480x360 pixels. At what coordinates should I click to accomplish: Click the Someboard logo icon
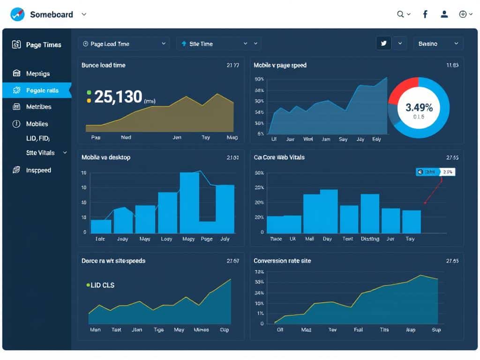pyautogui.click(x=17, y=15)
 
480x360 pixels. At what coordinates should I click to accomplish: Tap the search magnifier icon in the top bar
pyautogui.click(x=401, y=15)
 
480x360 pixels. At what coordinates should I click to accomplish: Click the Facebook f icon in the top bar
pyautogui.click(x=425, y=15)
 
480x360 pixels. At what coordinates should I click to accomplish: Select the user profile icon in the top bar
pyautogui.click(x=444, y=15)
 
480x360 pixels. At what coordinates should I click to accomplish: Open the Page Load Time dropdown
pyautogui.click(x=124, y=44)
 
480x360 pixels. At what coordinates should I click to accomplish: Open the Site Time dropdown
pyautogui.click(x=218, y=44)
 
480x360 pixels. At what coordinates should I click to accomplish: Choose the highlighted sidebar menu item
pyautogui.click(x=37, y=90)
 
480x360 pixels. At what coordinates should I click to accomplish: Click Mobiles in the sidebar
pyautogui.click(x=37, y=124)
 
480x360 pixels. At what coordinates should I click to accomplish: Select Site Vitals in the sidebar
pyautogui.click(x=40, y=153)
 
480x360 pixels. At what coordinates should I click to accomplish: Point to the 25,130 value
pyautogui.click(x=118, y=97)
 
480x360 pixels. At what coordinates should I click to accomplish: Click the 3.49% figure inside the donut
pyautogui.click(x=419, y=107)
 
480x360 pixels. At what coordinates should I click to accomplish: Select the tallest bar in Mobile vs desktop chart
pyautogui.click(x=189, y=202)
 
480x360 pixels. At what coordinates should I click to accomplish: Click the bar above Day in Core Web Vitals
pyautogui.click(x=329, y=211)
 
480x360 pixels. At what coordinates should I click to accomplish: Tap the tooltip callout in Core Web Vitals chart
pyautogui.click(x=435, y=172)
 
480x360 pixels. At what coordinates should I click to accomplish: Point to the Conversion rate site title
pyautogui.click(x=282, y=261)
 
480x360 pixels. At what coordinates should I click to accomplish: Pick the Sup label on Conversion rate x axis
pyautogui.click(x=436, y=330)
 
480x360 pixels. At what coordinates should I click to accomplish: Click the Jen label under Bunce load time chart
pyautogui.click(x=177, y=138)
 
